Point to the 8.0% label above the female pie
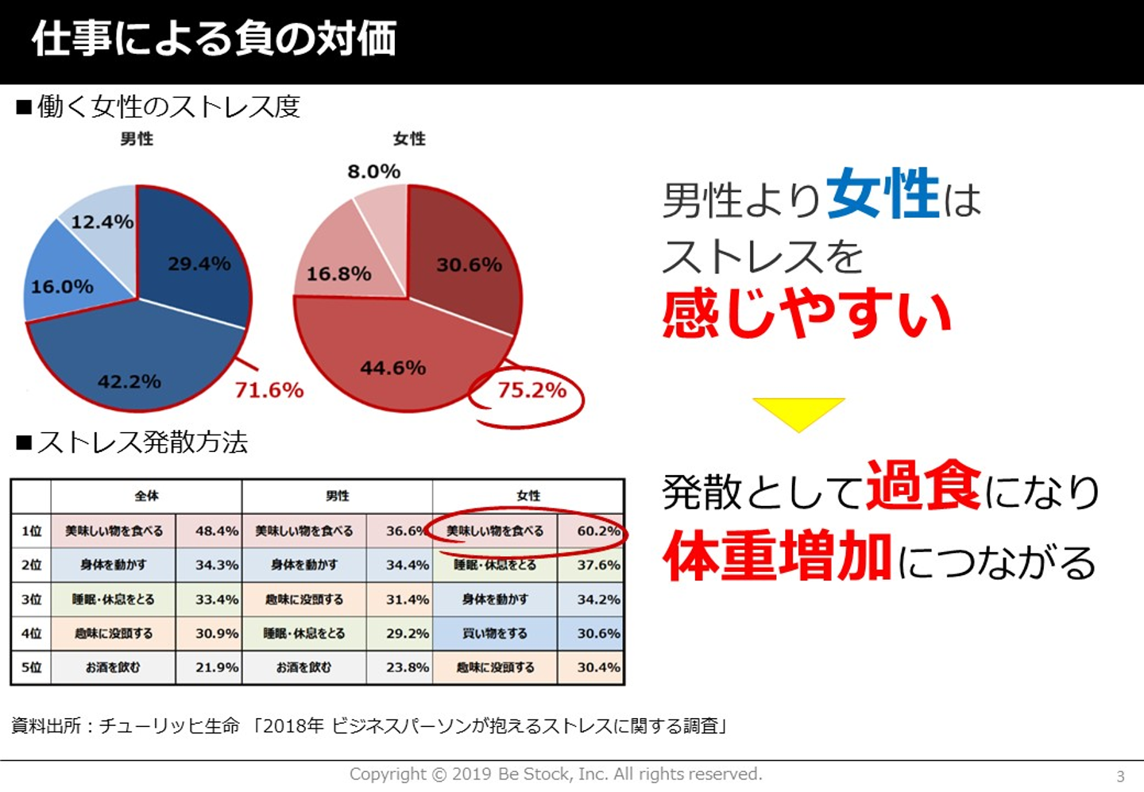coord(373,172)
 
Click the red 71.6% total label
coord(269,390)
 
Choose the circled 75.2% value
coord(531,390)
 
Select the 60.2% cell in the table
coord(597,531)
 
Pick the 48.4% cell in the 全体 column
coord(216,531)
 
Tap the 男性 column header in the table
coord(338,496)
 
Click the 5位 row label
coord(31,667)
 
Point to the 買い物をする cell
coord(495,633)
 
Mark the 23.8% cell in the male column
coord(407,667)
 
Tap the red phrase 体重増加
coord(777,557)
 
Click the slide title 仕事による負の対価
coord(214,38)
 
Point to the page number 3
coord(1120,776)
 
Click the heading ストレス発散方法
coord(142,442)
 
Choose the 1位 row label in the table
coord(31,531)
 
